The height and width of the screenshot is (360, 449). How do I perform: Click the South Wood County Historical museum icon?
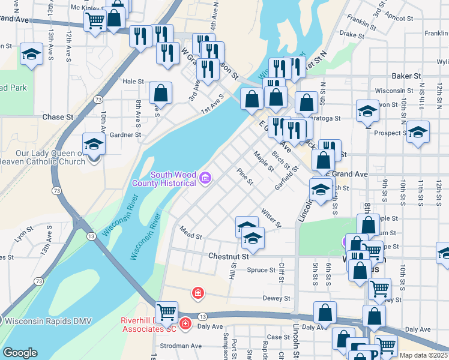(205, 178)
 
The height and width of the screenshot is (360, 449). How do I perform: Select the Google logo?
(20, 353)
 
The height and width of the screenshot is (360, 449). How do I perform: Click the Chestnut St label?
(228, 256)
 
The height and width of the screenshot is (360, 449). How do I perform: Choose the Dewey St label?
(276, 298)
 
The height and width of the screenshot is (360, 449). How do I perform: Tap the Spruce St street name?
(261, 270)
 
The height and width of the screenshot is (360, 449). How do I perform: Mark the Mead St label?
(190, 233)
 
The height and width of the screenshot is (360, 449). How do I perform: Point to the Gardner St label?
(125, 135)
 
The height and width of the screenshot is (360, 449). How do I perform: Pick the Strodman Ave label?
(180, 346)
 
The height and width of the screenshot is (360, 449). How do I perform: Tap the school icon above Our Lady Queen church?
(94, 144)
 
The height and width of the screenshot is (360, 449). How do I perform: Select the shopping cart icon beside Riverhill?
(166, 311)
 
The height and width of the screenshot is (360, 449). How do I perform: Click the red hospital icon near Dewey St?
(197, 293)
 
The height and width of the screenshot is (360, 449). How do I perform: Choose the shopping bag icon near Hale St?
(160, 93)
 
